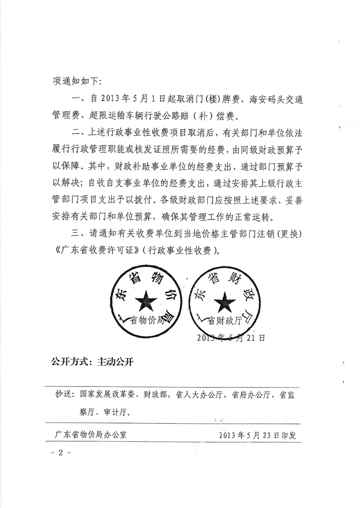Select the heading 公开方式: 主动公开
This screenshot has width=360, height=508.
tap(90, 362)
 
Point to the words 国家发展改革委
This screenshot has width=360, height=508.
tap(105, 394)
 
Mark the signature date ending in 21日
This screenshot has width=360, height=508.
tap(230, 338)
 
